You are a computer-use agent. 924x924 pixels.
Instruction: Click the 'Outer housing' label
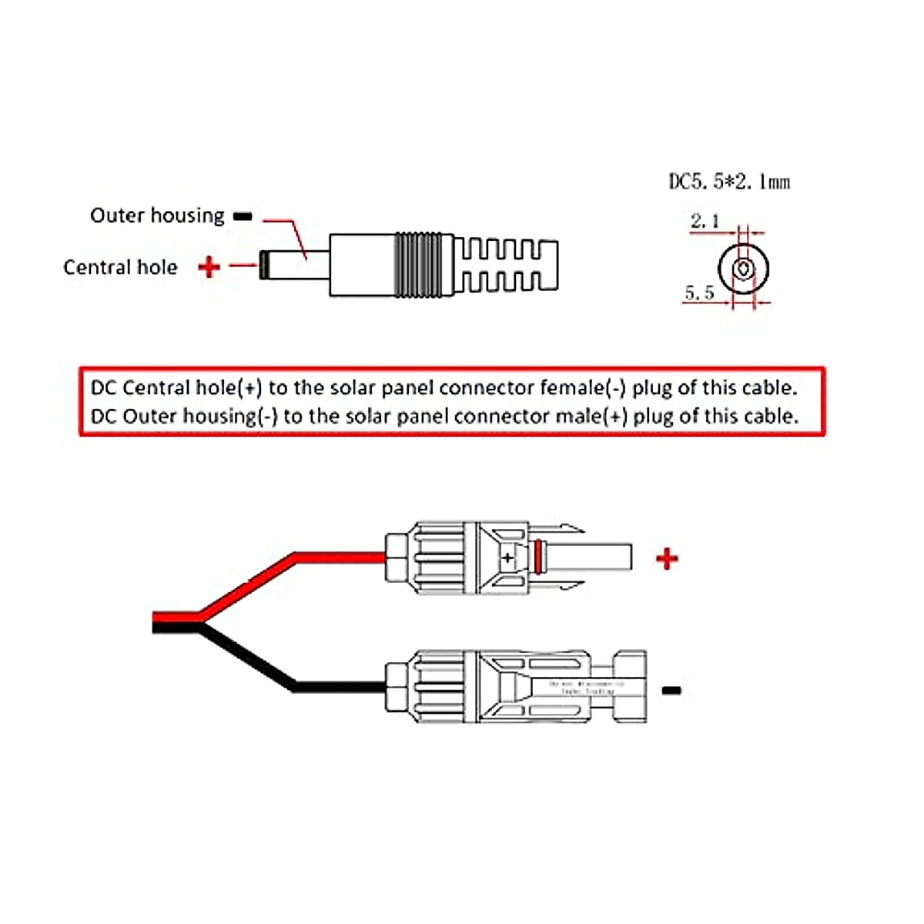157,216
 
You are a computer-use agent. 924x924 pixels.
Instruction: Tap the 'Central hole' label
120,267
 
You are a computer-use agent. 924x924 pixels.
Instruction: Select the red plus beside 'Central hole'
209,267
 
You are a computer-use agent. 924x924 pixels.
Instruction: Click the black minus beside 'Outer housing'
243,217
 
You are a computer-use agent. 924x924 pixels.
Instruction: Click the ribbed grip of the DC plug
420,265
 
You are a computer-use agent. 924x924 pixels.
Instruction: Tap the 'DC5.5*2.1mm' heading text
728,182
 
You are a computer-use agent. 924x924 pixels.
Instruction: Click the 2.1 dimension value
705,222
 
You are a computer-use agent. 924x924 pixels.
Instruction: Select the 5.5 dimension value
699,293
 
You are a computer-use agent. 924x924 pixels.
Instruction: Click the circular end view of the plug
743,269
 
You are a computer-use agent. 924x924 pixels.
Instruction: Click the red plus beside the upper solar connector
667,558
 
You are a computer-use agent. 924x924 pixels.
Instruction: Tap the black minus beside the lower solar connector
671,691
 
